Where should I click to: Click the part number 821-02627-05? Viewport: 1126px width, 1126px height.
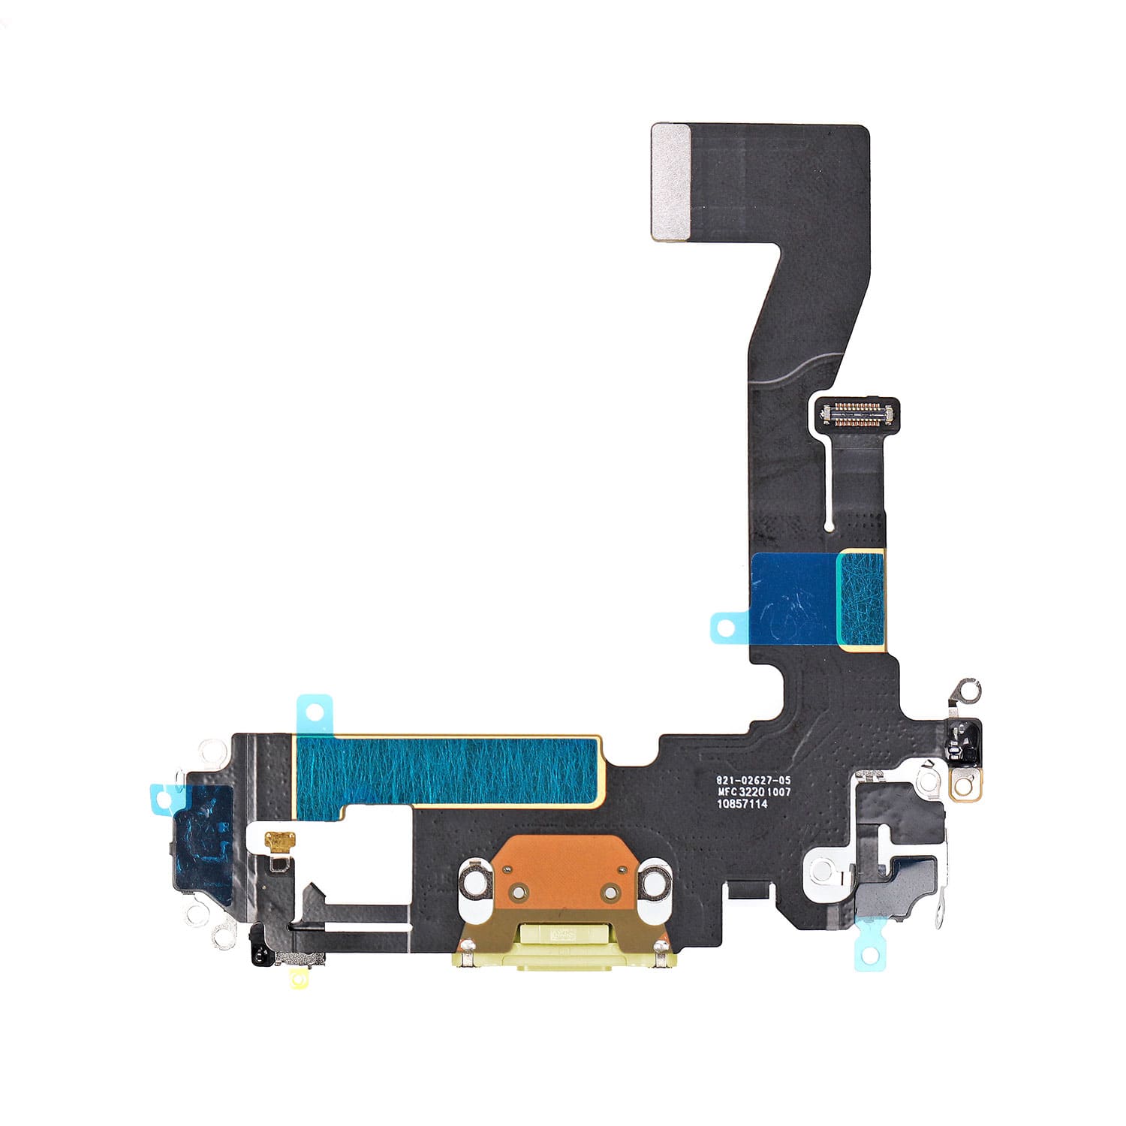click(753, 781)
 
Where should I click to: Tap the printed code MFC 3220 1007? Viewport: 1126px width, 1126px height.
click(754, 792)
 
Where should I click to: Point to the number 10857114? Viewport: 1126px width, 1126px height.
click(742, 804)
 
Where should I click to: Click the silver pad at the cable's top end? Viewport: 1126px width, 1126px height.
click(671, 182)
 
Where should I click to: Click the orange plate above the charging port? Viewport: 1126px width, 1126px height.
click(562, 872)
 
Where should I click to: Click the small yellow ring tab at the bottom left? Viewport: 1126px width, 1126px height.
click(300, 978)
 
